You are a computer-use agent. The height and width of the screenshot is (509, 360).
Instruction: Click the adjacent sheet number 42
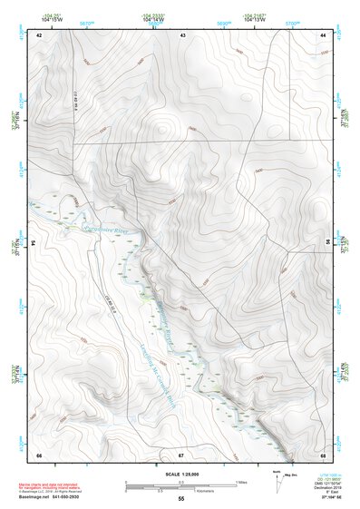pyautogui.click(x=39, y=34)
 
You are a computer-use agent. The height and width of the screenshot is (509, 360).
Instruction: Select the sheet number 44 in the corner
pyautogui.click(x=323, y=34)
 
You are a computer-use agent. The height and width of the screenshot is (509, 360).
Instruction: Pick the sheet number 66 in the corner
pyautogui.click(x=39, y=454)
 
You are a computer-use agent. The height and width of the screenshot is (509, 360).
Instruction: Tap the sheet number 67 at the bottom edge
pyautogui.click(x=181, y=454)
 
